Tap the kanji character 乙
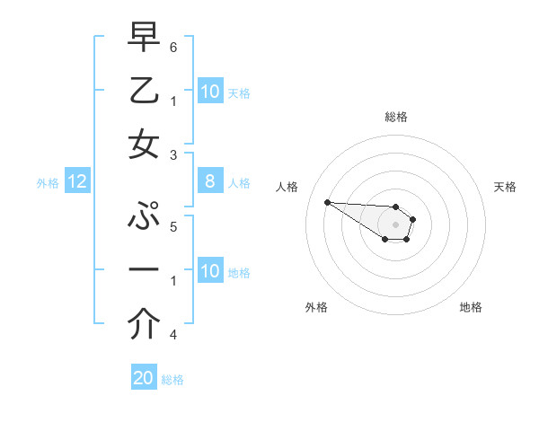[144, 92]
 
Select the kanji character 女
[144, 144]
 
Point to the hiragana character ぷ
[144, 218]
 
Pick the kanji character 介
[144, 325]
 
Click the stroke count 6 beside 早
[172, 47]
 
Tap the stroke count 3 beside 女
[172, 154]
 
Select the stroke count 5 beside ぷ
[172, 225]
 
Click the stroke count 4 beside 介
[172, 335]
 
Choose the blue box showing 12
[77, 182]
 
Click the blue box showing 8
[210, 182]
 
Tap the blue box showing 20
[144, 378]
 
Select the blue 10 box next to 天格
[210, 92]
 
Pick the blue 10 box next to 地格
[210, 271]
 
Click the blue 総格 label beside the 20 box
[173, 380]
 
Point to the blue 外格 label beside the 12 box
[48, 183]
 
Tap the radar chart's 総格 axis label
[396, 117]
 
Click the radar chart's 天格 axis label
[506, 187]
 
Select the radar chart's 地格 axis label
[471, 307]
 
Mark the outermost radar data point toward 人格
[327, 202]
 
